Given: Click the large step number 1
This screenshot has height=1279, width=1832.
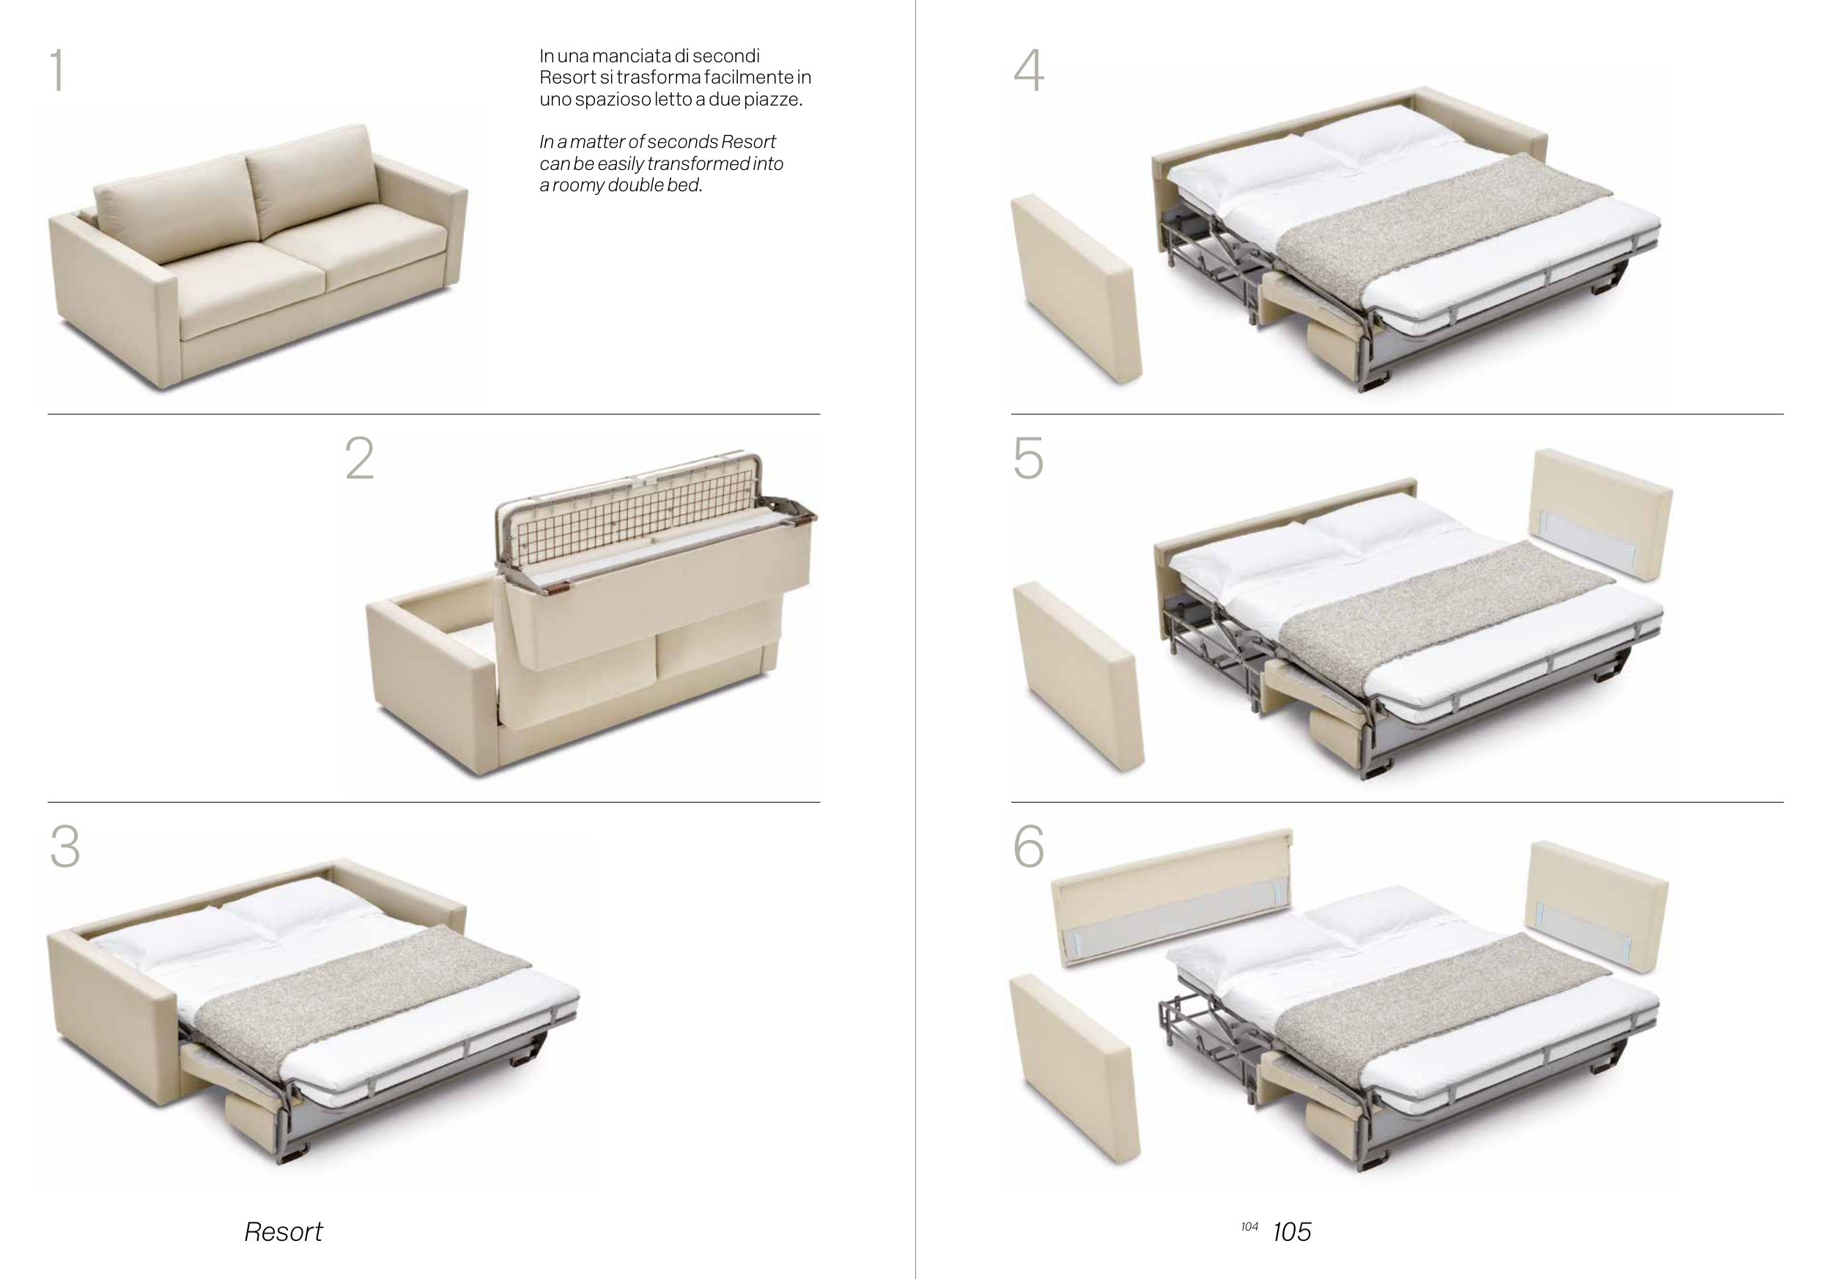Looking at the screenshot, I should [x=56, y=70].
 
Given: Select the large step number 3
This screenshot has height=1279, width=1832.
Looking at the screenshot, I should [x=64, y=846].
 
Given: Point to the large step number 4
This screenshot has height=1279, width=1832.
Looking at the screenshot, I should [x=1029, y=70].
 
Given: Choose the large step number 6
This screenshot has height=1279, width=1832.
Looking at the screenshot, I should [x=1029, y=846].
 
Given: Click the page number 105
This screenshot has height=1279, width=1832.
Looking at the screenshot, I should [x=1292, y=1232].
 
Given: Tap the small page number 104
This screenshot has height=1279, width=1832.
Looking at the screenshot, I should [x=1249, y=1227].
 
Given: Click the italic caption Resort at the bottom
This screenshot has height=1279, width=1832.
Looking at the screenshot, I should [x=284, y=1232].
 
